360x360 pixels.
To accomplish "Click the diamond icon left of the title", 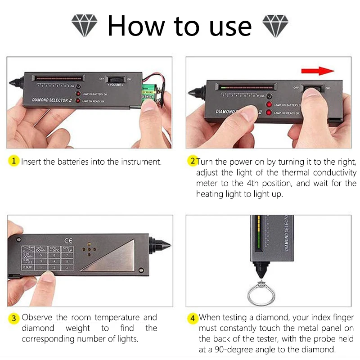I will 84,26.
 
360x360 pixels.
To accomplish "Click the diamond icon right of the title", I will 274,26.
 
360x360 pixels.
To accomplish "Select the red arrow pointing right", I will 318,71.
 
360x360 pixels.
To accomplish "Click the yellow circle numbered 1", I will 14,161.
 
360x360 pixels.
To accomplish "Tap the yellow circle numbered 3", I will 14,318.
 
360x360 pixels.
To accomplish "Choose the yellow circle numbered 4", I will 193,318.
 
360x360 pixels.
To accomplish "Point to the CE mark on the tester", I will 69,240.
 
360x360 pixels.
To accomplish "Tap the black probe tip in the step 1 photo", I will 15,85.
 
